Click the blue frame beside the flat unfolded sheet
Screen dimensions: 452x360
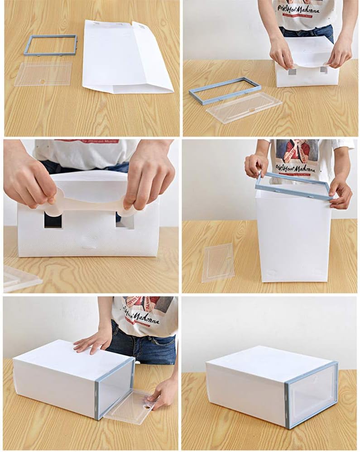[51, 37]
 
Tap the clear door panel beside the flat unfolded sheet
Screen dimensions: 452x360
[43, 74]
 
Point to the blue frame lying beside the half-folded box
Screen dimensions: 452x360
[225, 91]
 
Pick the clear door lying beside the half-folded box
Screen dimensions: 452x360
[245, 107]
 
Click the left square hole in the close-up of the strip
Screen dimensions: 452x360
[53, 220]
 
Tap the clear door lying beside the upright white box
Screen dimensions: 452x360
[218, 262]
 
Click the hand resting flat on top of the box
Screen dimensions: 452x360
[93, 340]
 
